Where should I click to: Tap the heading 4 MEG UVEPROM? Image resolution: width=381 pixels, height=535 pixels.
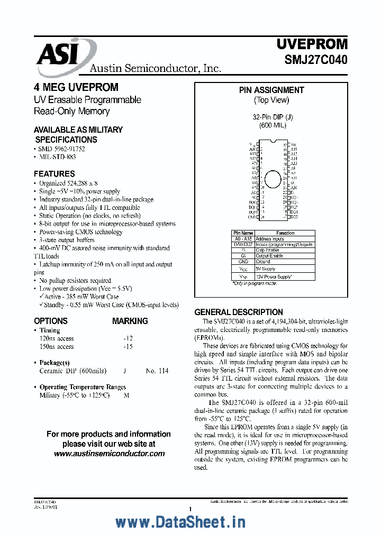[x=76, y=87]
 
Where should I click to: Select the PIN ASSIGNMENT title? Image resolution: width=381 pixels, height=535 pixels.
[x=271, y=90]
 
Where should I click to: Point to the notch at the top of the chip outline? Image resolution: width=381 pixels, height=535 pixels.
[x=273, y=142]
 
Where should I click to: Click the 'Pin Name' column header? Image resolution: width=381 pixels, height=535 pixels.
[x=243, y=233]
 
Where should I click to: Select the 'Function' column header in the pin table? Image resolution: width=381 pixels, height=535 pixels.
[x=285, y=233]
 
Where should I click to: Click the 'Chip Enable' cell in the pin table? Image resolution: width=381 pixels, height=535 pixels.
[x=269, y=250]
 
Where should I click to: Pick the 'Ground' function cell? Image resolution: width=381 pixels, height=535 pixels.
[x=263, y=262]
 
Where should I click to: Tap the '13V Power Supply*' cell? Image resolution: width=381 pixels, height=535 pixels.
[x=274, y=276]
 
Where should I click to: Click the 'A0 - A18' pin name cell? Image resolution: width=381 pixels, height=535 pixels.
[x=243, y=239]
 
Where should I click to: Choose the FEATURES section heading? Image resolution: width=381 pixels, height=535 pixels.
[x=55, y=174]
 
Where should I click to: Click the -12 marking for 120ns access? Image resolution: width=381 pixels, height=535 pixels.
[x=128, y=338]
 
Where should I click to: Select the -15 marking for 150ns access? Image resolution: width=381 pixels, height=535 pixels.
[x=128, y=347]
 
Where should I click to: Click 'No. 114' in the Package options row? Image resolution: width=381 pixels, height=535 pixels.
[x=157, y=371]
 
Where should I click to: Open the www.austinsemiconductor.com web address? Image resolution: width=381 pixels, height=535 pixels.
[x=109, y=454]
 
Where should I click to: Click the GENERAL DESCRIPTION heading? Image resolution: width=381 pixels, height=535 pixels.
[x=239, y=312]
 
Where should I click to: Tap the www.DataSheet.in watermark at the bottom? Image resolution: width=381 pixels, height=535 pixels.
[x=180, y=522]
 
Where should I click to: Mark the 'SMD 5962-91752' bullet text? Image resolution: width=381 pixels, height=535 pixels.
[x=61, y=149]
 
